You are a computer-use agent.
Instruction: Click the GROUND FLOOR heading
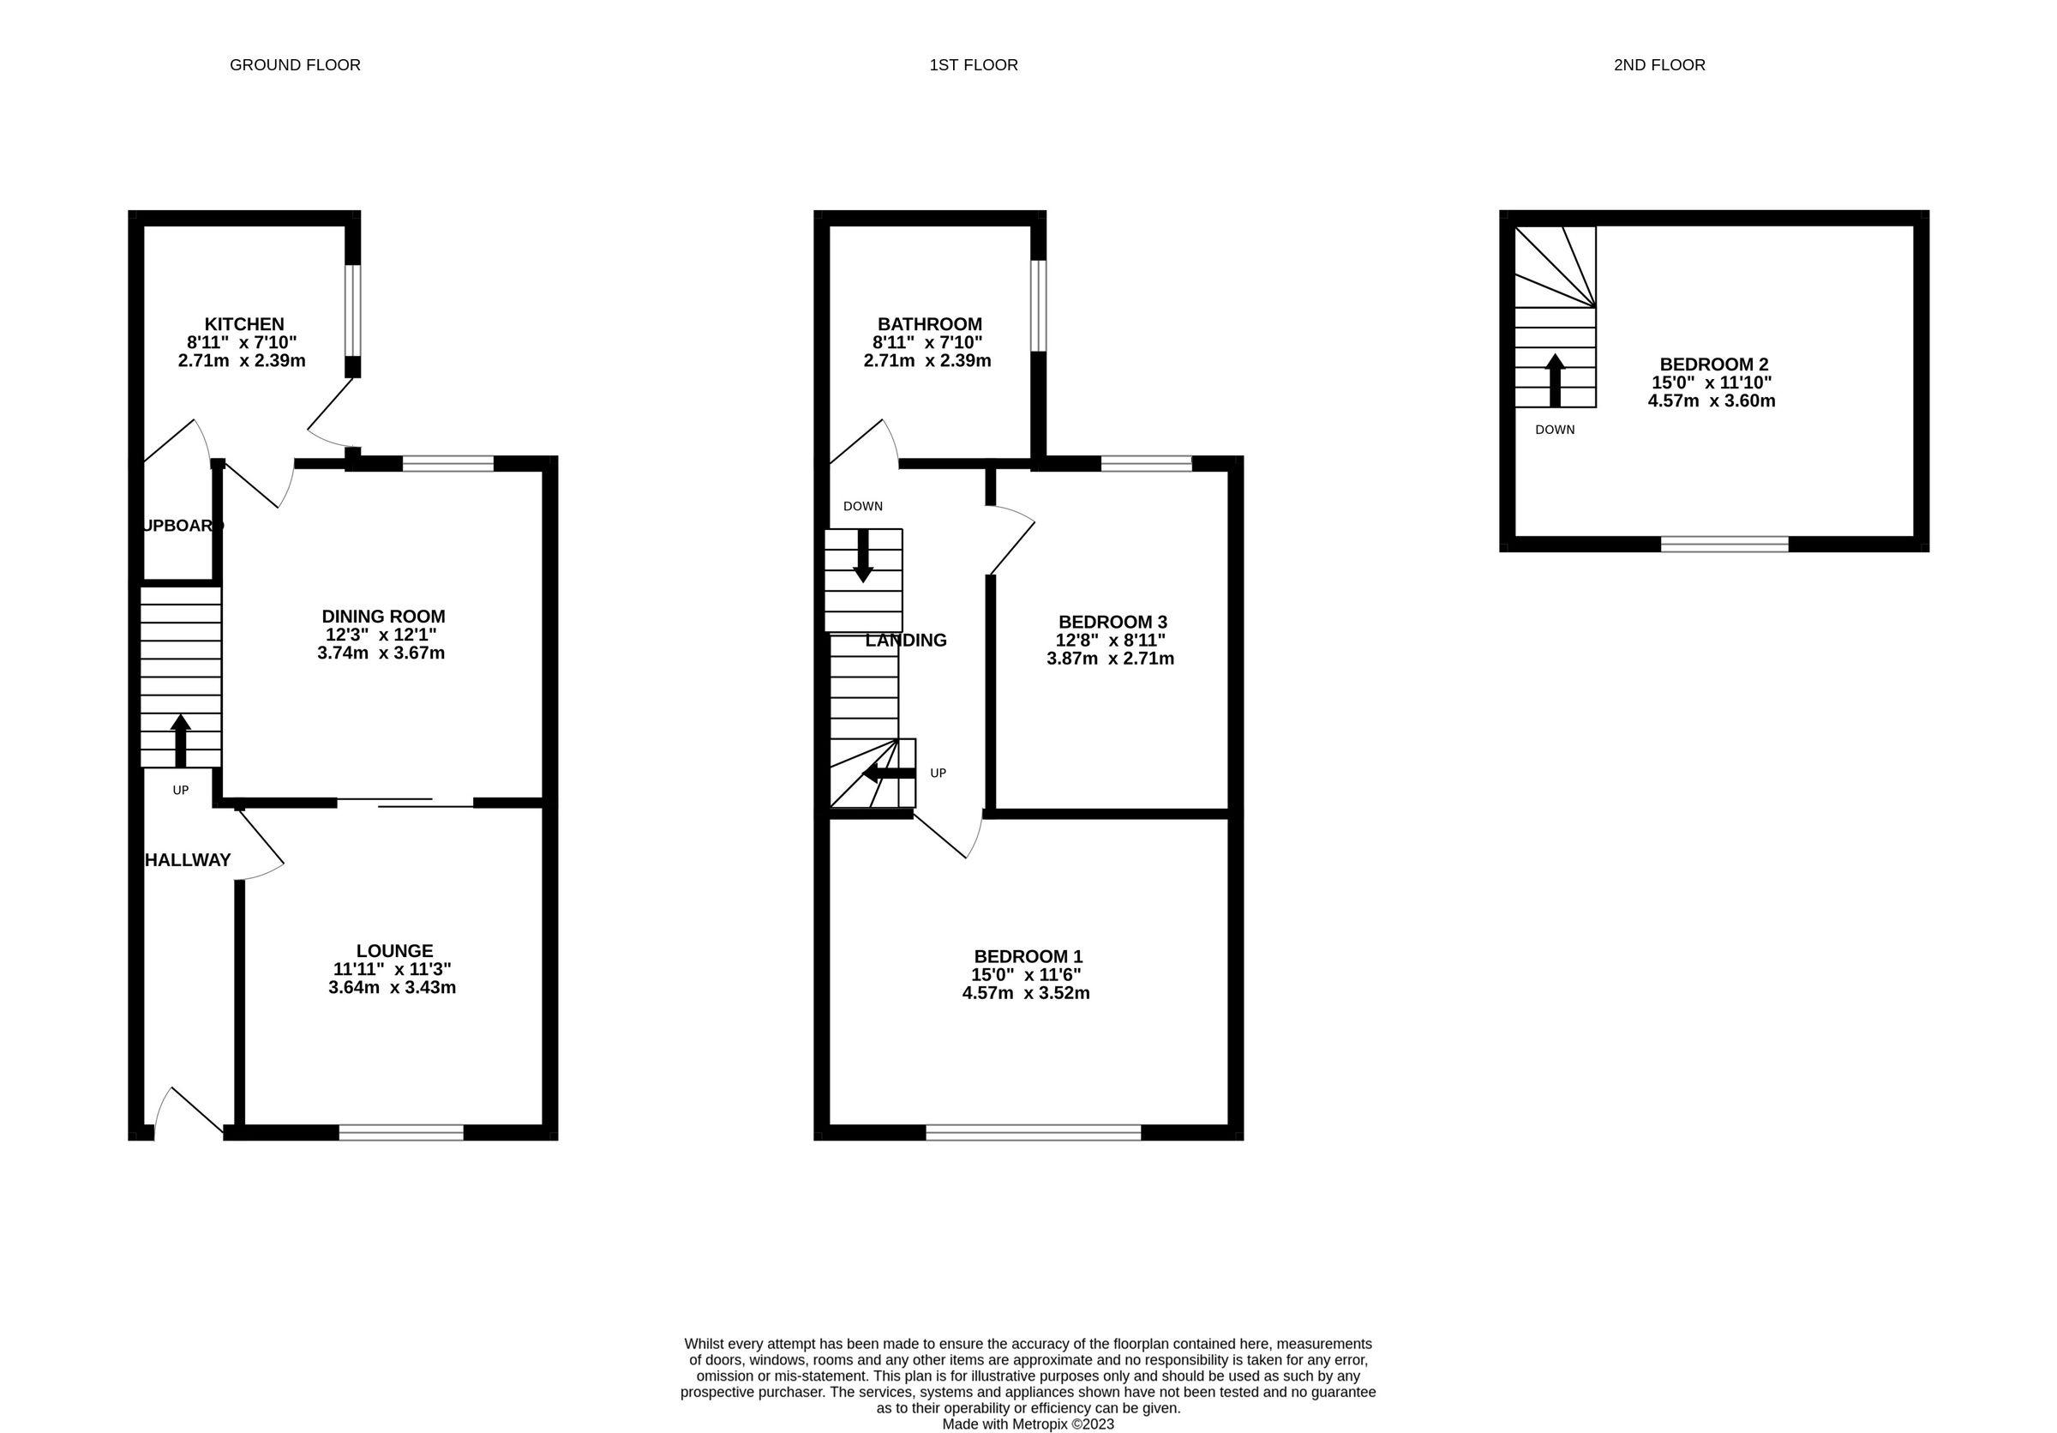295,64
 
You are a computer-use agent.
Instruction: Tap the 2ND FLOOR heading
1658,64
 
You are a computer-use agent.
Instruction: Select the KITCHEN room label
243,323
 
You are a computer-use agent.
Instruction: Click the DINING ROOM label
383,616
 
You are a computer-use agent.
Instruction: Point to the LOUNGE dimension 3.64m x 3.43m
392,988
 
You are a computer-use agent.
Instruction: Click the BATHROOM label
929,323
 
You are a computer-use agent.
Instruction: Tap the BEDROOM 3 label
1112,621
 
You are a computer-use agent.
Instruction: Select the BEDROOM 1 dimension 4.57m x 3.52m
1025,993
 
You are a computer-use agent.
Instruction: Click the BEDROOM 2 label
1713,364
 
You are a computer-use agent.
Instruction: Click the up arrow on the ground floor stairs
181,739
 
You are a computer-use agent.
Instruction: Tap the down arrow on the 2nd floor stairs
1555,380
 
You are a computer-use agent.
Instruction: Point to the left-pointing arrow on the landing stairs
888,774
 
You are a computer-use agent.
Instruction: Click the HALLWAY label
189,859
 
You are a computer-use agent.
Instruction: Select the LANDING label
906,640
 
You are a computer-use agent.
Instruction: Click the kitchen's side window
353,310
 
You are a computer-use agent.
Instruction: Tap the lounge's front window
400,1132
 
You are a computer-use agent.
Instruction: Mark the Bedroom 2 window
1724,544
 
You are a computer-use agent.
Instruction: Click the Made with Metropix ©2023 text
1028,1424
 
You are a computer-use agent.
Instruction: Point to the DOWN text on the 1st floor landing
862,506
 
